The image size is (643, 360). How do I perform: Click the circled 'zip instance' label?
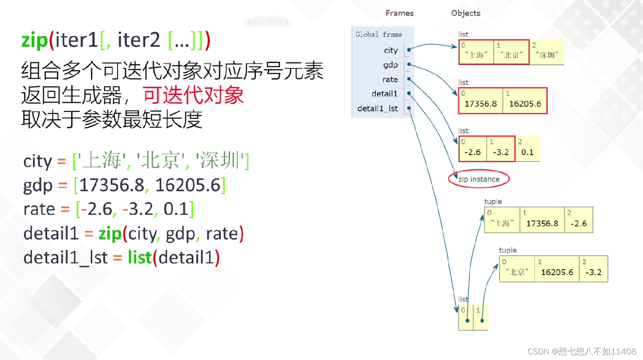point(479,179)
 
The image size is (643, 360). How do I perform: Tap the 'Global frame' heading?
point(378,35)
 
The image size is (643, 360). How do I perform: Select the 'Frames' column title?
point(400,13)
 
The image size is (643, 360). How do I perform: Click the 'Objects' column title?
point(466,13)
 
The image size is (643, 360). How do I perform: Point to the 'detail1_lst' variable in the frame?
point(377,108)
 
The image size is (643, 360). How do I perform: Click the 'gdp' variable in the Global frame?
point(390,65)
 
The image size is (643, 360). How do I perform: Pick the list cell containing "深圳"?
point(547,53)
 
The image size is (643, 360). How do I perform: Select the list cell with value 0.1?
point(528,149)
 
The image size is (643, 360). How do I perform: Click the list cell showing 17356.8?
point(480,101)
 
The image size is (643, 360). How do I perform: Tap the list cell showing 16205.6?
point(525,101)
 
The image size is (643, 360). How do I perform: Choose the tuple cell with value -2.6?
point(579,220)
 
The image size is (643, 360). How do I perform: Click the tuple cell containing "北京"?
point(517,269)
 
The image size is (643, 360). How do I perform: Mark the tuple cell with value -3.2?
point(593,269)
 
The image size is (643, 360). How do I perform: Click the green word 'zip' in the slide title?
point(35,40)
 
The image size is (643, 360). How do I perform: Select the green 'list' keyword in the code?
point(139,258)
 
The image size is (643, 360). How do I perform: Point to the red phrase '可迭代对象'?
point(193,96)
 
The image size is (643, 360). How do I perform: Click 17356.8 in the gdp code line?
point(112,185)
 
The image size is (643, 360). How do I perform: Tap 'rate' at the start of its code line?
point(39,210)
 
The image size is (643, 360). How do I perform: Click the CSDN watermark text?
point(582,351)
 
